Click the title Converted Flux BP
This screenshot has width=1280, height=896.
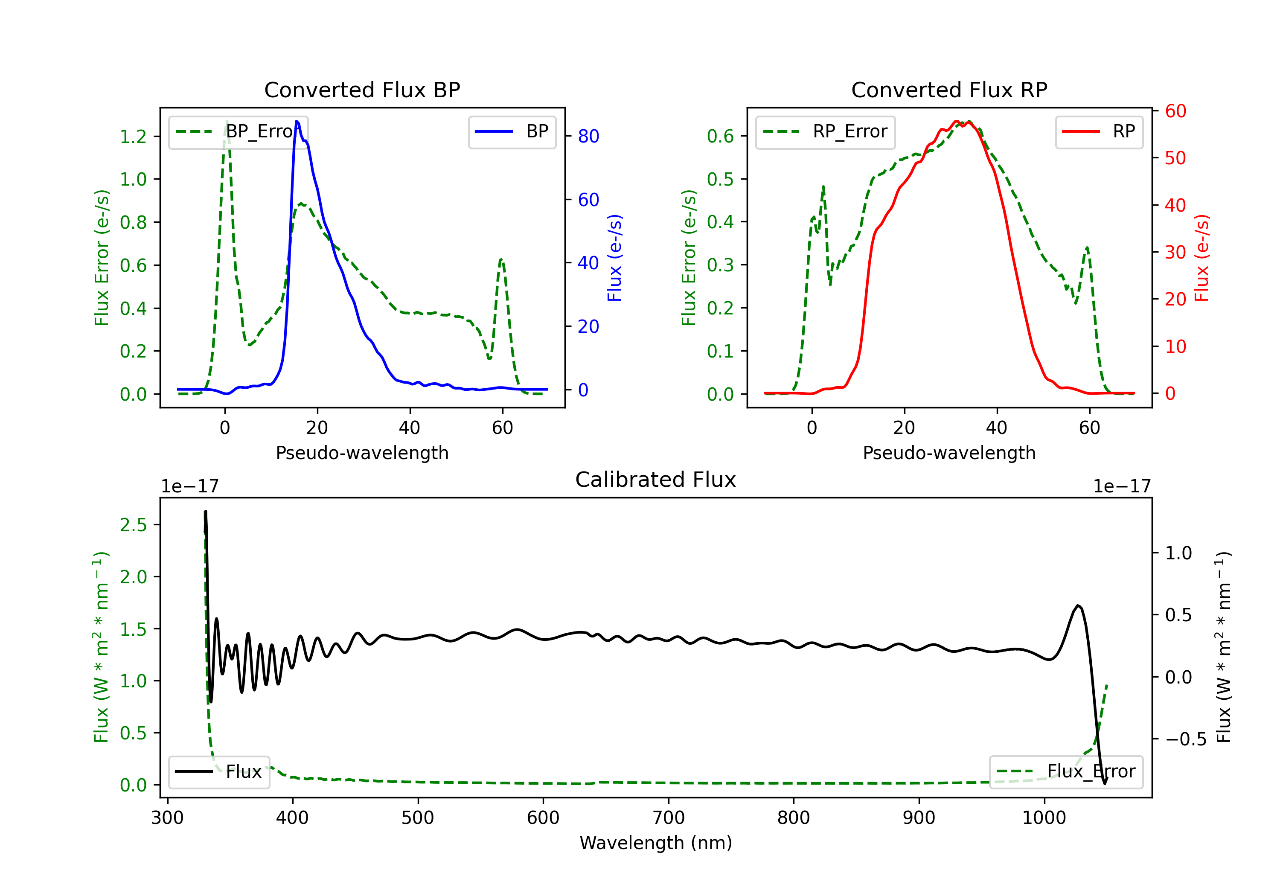(362, 90)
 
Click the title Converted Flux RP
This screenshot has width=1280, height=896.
(949, 90)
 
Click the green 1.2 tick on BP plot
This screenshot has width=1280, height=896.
(133, 137)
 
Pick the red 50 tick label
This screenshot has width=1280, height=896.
(1175, 158)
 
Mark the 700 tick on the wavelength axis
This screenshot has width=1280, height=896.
(669, 818)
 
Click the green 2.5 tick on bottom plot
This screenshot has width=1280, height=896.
(133, 525)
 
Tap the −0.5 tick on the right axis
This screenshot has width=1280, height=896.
(1186, 739)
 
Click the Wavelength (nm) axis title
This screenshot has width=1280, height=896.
(656, 843)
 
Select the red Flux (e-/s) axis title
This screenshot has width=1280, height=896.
(1202, 258)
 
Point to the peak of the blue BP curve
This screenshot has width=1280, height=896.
(297, 121)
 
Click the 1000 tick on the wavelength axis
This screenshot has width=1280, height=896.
(1044, 818)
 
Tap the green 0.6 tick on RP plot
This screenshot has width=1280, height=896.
(720, 136)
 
